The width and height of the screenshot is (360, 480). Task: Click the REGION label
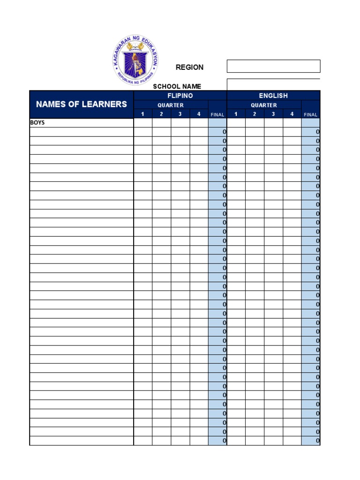click(189, 67)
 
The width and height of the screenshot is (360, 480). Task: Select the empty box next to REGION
click(273, 66)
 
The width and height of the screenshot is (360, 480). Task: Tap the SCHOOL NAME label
click(177, 86)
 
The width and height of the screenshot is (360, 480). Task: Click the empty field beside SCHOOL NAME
click(273, 85)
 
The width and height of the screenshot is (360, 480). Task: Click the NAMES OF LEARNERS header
click(82, 104)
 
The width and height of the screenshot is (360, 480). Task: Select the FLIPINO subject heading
click(180, 96)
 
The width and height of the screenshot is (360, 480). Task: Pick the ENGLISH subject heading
click(273, 96)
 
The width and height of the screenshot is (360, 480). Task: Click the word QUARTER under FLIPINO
click(171, 105)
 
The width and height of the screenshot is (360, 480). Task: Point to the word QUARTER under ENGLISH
click(264, 105)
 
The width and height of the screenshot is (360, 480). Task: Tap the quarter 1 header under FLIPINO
click(143, 114)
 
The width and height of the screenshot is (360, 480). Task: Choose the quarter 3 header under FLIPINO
click(180, 114)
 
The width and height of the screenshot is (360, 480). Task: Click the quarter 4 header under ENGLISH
click(292, 114)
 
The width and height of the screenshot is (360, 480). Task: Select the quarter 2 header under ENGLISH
click(255, 114)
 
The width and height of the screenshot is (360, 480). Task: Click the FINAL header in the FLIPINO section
click(217, 114)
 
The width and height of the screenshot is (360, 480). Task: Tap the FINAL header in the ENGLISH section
click(311, 114)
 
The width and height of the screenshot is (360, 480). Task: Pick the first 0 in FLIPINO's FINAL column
click(224, 132)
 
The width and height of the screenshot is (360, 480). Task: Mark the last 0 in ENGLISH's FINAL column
click(317, 441)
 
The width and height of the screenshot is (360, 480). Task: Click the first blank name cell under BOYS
click(82, 132)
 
